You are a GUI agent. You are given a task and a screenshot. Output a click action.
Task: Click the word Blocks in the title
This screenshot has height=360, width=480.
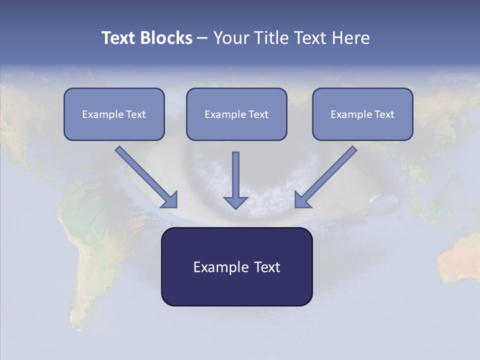click(167, 38)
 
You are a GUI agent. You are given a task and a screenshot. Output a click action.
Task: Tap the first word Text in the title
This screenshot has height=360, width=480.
click(118, 38)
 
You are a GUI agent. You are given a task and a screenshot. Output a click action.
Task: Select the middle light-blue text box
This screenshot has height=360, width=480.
click(236, 127)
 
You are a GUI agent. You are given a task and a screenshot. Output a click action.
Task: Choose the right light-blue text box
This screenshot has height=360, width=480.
click(362, 127)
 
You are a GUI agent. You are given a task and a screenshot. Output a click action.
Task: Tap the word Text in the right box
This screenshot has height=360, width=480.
click(384, 114)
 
